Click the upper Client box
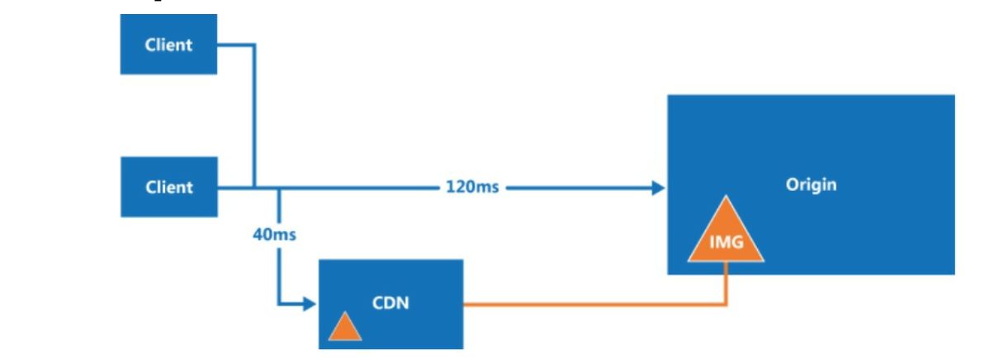(x=168, y=44)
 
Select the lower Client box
(x=169, y=187)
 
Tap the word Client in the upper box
(x=168, y=45)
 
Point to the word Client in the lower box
(x=169, y=187)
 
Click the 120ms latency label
(x=472, y=187)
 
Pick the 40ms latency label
(x=274, y=234)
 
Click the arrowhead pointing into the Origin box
(x=659, y=187)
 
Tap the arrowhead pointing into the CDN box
(x=310, y=304)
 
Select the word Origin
(x=812, y=185)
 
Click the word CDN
(x=390, y=303)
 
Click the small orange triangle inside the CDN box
(x=345, y=329)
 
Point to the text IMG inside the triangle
(x=727, y=243)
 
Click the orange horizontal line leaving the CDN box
(x=594, y=305)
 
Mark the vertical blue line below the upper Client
(x=254, y=116)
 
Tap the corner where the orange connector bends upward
(x=726, y=305)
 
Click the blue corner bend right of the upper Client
(x=254, y=45)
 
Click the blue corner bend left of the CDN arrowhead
(x=279, y=304)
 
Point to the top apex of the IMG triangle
(x=726, y=196)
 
